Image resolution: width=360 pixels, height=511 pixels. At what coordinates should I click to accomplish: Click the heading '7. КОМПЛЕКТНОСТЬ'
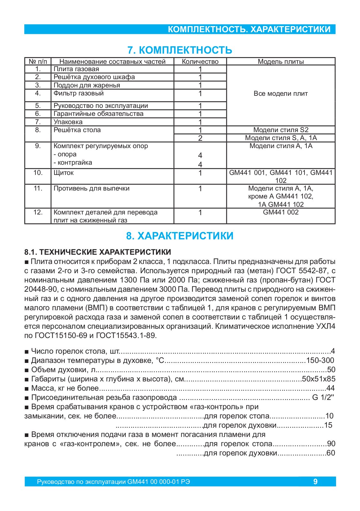tap(180, 50)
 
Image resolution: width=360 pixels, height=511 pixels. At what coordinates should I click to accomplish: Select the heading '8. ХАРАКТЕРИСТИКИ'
tap(180, 236)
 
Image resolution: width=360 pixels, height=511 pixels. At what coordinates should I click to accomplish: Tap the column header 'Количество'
tap(200, 62)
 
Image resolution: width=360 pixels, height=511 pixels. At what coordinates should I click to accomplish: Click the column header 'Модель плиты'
tap(281, 62)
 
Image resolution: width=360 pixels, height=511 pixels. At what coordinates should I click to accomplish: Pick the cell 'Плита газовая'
tap(76, 69)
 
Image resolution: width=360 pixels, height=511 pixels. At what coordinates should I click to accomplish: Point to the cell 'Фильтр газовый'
tap(79, 93)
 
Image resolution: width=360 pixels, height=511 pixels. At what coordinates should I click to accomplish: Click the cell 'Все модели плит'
tap(281, 94)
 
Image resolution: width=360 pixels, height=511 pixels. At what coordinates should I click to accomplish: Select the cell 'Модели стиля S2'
tap(281, 130)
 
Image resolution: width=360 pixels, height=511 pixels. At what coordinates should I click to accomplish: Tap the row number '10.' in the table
tap(38, 173)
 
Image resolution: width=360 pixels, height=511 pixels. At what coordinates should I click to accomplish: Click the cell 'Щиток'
tap(64, 173)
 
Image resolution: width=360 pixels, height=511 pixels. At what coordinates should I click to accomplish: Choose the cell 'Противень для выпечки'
tap(92, 188)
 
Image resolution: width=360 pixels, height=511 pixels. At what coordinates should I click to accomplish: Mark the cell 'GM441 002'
tap(281, 212)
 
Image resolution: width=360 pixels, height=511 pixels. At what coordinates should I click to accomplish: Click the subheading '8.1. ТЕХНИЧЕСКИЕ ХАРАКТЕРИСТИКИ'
tap(98, 252)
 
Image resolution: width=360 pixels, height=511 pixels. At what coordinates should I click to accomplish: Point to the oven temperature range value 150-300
tap(320, 361)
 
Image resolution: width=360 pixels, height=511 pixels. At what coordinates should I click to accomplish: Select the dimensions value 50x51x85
tap(319, 379)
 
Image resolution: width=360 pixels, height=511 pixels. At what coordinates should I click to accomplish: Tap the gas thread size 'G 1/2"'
tap(323, 398)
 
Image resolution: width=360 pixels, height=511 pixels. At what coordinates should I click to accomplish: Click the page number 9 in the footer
tap(315, 482)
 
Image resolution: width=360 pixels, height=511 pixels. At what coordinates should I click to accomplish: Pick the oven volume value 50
tap(331, 370)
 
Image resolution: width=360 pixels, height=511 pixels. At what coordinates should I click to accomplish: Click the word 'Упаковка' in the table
tap(68, 122)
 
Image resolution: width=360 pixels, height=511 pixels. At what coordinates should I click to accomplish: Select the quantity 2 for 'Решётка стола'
tap(200, 138)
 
